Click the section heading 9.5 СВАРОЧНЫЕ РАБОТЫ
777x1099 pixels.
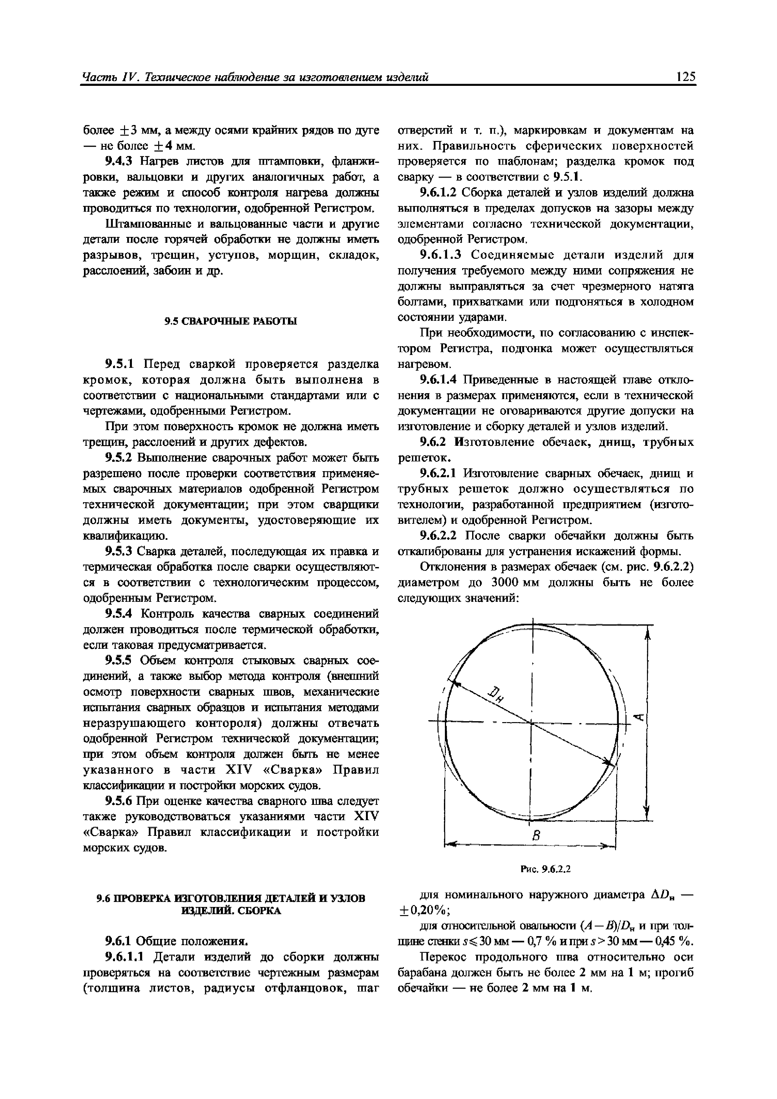[231, 321]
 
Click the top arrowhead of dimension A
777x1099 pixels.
[647, 635]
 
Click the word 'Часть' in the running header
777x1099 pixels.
[98, 76]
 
